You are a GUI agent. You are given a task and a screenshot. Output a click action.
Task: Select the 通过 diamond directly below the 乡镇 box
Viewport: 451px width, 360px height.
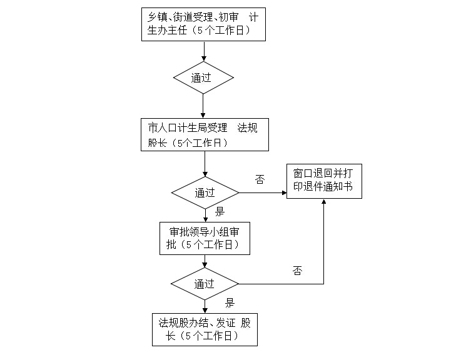pos(203,77)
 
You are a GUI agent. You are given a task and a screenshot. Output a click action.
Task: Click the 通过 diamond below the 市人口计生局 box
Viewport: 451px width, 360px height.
pos(205,192)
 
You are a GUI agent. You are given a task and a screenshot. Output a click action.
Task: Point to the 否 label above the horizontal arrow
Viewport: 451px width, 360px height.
pos(260,180)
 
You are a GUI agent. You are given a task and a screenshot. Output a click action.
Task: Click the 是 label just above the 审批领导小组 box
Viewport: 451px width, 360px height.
pos(220,211)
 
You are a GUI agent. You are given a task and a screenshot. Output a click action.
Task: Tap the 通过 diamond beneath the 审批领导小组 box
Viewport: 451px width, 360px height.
pos(205,284)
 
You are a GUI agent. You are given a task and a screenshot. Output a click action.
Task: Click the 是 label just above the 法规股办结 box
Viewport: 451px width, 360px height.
pos(230,303)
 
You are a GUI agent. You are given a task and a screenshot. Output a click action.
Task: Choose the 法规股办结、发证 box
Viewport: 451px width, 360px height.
pos(205,329)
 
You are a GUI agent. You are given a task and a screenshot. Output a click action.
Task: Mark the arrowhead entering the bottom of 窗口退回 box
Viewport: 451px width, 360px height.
pos(324,202)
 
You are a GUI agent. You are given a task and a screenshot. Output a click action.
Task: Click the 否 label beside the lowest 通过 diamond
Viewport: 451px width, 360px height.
pos(297,271)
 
